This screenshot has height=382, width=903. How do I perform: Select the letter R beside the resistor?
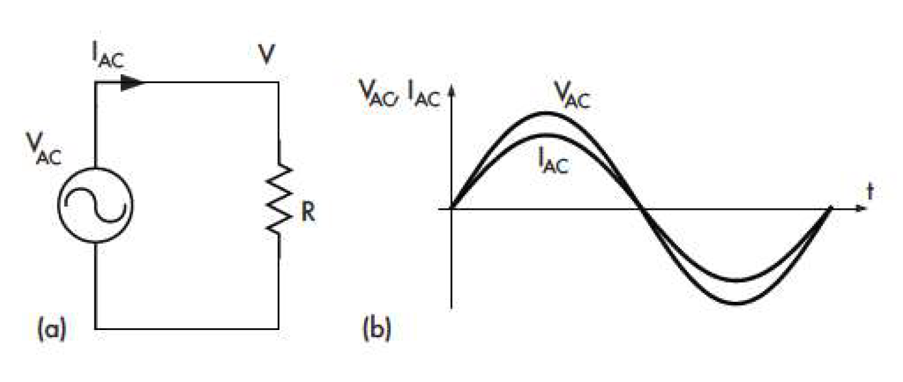coord(307,213)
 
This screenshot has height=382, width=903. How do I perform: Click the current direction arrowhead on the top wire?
coord(132,83)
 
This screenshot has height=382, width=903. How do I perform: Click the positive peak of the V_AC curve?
coord(545,113)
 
